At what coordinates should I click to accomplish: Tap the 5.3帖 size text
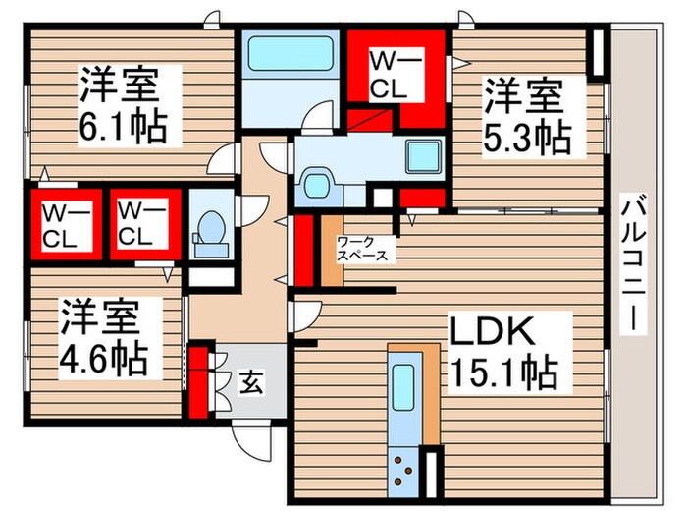point(526,137)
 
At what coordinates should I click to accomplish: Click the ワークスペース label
point(362,248)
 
